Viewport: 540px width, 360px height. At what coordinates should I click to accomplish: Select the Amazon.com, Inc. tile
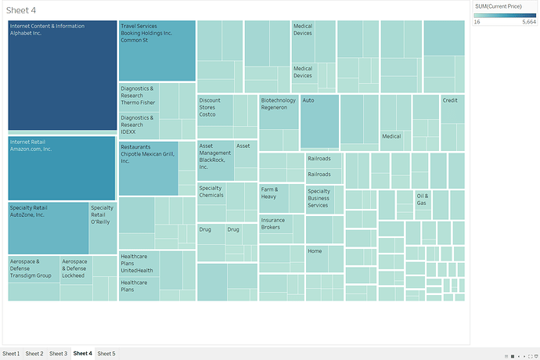coord(63,168)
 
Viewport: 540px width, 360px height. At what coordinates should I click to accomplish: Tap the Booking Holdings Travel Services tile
coord(157,51)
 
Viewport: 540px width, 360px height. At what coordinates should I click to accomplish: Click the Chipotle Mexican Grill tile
coord(149,168)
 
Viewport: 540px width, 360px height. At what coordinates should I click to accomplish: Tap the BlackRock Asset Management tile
coord(215,160)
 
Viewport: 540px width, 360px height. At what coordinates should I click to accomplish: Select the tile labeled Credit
coord(452,109)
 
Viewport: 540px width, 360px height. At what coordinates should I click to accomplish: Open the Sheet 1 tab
coord(12,354)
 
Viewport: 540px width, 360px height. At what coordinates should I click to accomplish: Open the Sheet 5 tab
coord(106,354)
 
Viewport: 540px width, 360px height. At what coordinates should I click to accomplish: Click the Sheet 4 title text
coord(21,9)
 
